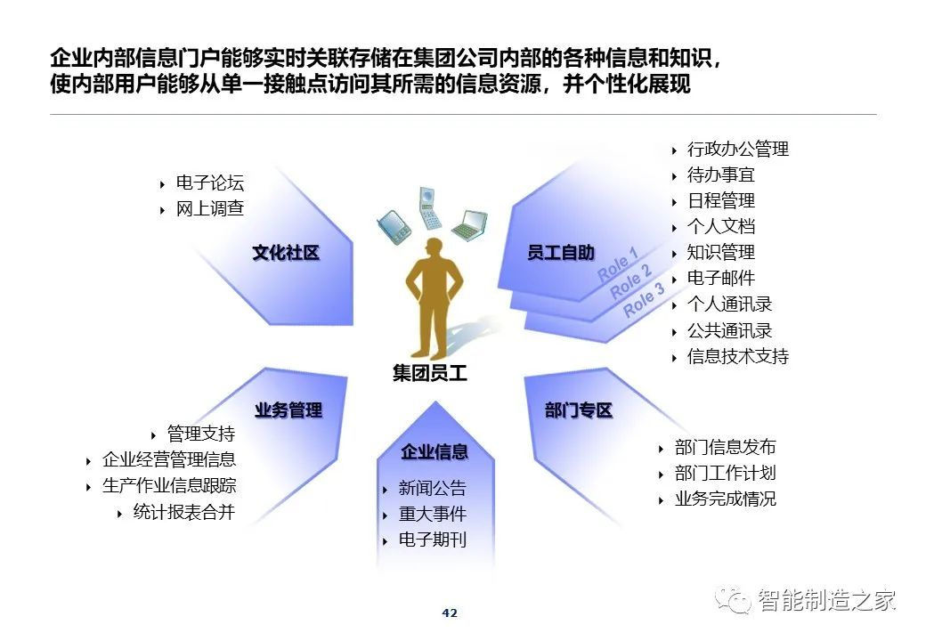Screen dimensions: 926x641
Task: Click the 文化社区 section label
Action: [286, 253]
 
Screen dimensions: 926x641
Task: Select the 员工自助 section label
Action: [560, 253]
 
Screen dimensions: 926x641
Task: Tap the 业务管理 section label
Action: [288, 410]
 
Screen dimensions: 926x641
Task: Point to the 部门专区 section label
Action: [578, 410]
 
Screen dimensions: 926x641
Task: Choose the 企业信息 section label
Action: [435, 451]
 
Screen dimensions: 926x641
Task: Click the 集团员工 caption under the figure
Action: [430, 373]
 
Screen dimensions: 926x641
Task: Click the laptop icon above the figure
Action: [470, 225]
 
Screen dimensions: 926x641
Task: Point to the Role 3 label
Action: [644, 299]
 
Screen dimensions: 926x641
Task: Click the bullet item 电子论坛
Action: [209, 183]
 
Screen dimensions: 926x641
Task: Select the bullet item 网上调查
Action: [209, 208]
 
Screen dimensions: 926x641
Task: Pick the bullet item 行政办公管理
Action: [737, 149]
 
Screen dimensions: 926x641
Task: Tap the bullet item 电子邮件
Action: [721, 278]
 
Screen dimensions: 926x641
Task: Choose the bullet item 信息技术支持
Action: [737, 356]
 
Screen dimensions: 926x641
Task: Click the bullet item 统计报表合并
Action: [183, 512]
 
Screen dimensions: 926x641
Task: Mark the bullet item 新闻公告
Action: [433, 488]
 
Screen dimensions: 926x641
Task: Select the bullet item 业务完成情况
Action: [725, 499]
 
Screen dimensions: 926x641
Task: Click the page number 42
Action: [450, 613]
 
